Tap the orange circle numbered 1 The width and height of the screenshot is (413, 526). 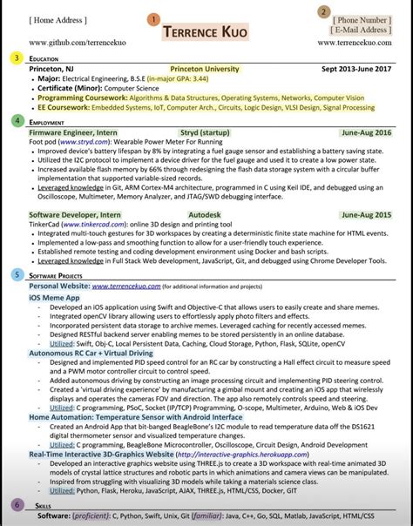coord(154,18)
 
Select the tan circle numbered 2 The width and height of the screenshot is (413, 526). coord(323,11)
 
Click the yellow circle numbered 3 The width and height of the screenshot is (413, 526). coord(16,57)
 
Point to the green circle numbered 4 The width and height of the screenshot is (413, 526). coord(16,121)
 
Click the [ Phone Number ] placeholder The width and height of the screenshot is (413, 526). coord(362,19)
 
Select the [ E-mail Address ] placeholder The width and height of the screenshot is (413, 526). coord(360,30)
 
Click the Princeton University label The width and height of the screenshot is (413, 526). coord(205,68)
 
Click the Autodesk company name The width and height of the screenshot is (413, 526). coord(206,213)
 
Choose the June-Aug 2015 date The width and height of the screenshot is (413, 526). coord(366,213)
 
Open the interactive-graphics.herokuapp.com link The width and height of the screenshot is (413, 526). coord(234,454)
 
